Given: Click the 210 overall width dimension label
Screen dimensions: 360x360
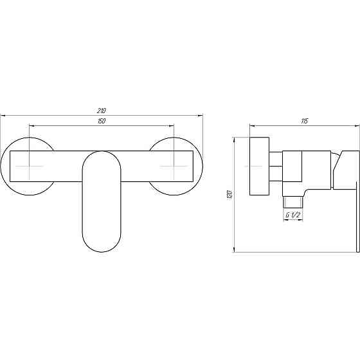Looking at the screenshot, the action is click(102, 111).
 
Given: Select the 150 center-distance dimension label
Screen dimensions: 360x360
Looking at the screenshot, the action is click(102, 121).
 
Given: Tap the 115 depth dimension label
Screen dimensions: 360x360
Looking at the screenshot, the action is click(304, 121).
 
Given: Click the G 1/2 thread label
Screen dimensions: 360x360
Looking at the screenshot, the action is click(293, 215).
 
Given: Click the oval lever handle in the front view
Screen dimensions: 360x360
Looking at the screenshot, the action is click(102, 201).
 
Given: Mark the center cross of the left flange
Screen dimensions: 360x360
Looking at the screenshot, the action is click(30, 166).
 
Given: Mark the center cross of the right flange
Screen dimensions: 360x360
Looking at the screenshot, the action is click(174, 166).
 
